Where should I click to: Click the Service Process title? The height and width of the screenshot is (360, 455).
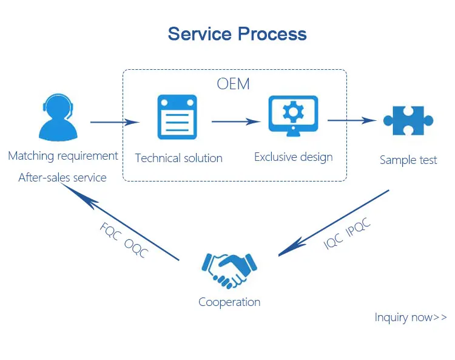click(x=237, y=33)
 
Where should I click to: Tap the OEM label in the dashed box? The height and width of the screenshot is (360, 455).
click(x=234, y=84)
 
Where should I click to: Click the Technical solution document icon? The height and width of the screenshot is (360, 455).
click(x=177, y=117)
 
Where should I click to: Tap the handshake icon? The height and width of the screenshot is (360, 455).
click(x=229, y=269)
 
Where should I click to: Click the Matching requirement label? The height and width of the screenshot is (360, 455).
click(x=63, y=156)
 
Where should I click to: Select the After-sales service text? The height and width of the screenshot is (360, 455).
click(x=62, y=178)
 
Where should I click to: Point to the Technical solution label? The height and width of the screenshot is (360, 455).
click(x=178, y=158)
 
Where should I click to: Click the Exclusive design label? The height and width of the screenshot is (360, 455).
click(x=294, y=157)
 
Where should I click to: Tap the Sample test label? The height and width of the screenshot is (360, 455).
click(x=408, y=160)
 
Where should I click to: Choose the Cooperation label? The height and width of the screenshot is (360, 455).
click(x=229, y=302)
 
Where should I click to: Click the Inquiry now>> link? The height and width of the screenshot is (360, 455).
click(x=411, y=317)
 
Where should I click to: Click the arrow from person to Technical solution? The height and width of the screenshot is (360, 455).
click(x=115, y=122)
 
